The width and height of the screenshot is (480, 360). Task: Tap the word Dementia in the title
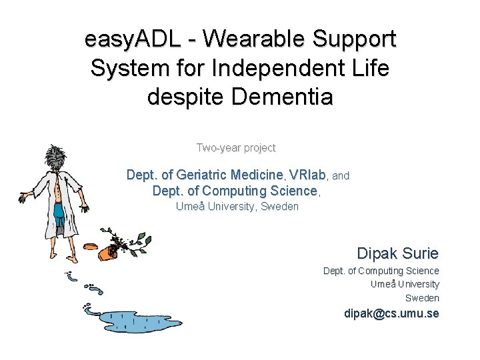(281, 97)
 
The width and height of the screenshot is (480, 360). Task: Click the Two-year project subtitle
(236, 147)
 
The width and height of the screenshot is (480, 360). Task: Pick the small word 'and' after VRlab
(341, 176)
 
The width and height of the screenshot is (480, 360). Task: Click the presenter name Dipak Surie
(397, 253)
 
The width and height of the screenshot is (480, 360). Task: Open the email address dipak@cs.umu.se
(391, 313)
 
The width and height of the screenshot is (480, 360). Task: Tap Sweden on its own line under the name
(422, 298)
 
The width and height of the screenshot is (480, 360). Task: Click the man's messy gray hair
(56, 157)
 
